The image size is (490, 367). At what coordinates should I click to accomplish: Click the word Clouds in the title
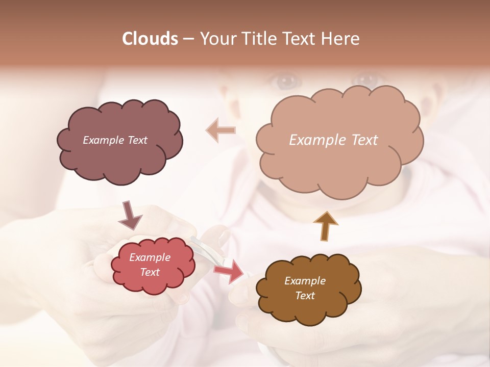pos(150,39)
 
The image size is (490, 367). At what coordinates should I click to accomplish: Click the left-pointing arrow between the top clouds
pos(220,130)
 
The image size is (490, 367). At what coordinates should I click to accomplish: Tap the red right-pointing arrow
pos(229,271)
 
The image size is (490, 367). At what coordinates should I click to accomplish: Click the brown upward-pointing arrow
pos(325,226)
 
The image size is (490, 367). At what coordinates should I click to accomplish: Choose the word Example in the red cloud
pos(150,257)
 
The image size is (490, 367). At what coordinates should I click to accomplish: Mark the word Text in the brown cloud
pos(305,296)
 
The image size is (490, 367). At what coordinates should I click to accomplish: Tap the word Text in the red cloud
pos(150,272)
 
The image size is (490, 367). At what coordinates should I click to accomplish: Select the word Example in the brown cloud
pos(305,281)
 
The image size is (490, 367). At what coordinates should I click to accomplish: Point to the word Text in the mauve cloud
pos(137,140)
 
